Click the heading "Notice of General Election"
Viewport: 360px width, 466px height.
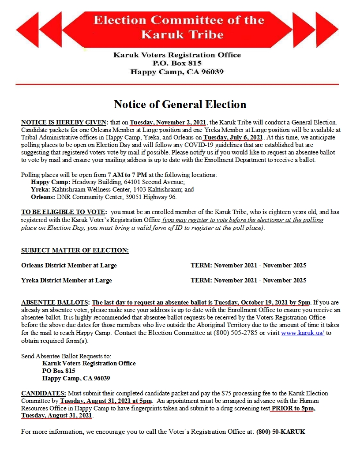click(180, 105)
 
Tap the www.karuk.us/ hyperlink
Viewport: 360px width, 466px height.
click(303, 333)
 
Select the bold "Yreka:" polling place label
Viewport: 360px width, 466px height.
click(41, 189)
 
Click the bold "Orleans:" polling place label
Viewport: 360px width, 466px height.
click(43, 197)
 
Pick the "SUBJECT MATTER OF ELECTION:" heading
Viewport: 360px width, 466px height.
click(75, 251)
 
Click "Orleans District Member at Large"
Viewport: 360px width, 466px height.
click(69, 266)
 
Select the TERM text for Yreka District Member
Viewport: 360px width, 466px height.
click(248, 280)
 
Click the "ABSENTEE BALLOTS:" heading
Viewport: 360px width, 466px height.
click(55, 303)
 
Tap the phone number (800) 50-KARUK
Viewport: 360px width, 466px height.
click(281, 432)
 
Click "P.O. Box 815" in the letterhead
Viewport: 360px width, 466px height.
click(177, 64)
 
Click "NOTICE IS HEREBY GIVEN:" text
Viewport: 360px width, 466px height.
click(64, 122)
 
